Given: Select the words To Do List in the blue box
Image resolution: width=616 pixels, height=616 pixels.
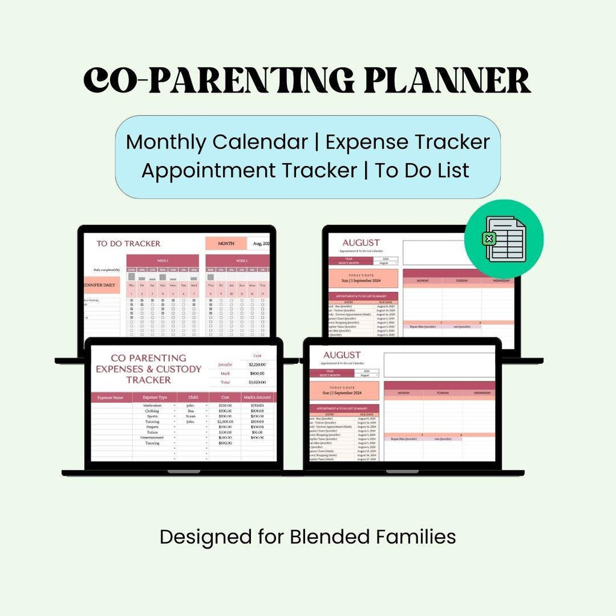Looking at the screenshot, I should (x=422, y=170).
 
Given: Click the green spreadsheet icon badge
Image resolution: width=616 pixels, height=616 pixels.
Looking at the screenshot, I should (x=504, y=239).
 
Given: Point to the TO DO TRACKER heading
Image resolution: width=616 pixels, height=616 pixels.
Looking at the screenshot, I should (x=129, y=244).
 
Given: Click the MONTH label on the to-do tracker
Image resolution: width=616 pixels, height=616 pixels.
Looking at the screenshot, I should (x=226, y=244).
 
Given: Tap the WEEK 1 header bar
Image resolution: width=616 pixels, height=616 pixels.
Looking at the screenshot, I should (x=162, y=260).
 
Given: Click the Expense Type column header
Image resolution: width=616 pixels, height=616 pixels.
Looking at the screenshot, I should (x=155, y=398).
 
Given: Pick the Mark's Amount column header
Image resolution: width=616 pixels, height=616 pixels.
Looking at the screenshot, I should (x=257, y=398).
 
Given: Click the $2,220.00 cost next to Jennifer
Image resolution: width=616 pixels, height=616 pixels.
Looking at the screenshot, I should (x=257, y=365).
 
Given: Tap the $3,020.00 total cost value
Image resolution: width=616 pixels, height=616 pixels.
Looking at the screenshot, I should (x=257, y=382).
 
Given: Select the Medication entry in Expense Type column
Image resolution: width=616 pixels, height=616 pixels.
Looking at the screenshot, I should (x=152, y=405).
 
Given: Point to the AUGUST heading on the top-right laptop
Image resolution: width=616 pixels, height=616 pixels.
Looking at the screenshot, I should (x=360, y=242).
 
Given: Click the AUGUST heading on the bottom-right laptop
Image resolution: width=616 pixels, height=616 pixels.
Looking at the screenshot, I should (x=342, y=355).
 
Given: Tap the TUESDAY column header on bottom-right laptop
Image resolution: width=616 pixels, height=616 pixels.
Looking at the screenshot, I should (x=443, y=393).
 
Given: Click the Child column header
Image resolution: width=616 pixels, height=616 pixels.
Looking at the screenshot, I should (x=192, y=398).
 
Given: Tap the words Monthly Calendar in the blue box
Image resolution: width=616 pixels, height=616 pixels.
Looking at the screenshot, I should (x=217, y=142).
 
